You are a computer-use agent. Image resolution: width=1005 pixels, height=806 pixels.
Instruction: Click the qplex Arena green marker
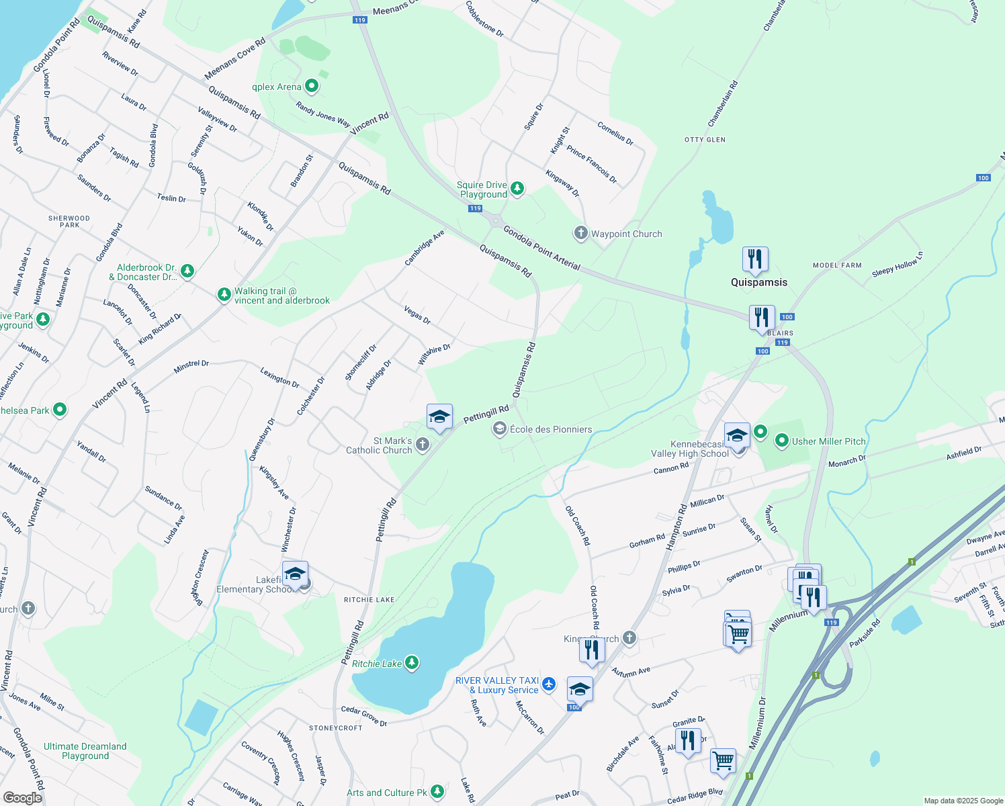312,86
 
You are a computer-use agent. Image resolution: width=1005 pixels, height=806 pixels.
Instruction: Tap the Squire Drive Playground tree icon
517,188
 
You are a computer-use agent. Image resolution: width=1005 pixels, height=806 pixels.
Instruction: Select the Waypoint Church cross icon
580,233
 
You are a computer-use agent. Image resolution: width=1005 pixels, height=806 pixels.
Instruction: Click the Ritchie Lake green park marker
412,663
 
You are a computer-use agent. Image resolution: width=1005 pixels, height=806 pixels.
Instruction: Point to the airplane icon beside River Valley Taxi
549,684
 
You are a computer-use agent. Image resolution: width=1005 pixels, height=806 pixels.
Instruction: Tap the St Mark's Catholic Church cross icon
422,444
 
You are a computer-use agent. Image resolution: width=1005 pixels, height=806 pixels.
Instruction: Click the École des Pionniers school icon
499,429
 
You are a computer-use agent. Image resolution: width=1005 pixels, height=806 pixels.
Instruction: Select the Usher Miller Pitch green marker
781,441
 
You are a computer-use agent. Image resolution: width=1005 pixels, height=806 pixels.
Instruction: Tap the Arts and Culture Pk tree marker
437,792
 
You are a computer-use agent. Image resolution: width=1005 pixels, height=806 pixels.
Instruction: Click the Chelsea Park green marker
60,409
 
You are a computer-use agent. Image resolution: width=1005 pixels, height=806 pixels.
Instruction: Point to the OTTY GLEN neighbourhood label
705,140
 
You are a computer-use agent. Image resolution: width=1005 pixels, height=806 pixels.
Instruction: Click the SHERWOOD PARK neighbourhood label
69,222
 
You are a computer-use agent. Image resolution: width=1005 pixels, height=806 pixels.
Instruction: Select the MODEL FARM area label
837,265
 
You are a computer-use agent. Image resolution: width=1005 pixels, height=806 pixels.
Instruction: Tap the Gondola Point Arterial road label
541,248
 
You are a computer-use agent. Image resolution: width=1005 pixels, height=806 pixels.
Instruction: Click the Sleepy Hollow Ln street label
898,265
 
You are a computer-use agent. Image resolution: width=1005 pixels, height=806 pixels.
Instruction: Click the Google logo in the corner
22,797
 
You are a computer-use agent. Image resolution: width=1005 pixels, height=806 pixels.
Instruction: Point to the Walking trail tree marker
224,295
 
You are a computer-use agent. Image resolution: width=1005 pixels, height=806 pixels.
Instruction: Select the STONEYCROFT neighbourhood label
336,728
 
